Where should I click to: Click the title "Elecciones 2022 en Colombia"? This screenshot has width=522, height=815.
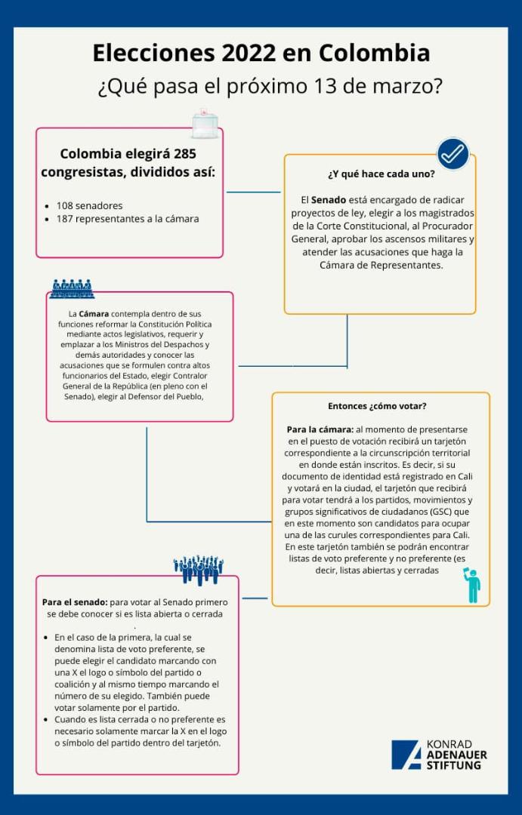(261, 54)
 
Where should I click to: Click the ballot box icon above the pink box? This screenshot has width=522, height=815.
(205, 122)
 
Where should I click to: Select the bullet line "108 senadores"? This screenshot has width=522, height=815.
(89, 205)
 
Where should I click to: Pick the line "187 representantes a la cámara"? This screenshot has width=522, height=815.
(127, 219)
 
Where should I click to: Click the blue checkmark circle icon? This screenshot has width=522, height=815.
(453, 153)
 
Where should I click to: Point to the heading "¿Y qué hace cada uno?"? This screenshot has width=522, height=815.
(381, 174)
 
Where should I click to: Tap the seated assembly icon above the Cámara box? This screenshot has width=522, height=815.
(72, 288)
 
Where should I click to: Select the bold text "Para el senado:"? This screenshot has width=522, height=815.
(75, 602)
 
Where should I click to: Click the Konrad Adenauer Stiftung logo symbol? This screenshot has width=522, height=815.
(406, 755)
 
